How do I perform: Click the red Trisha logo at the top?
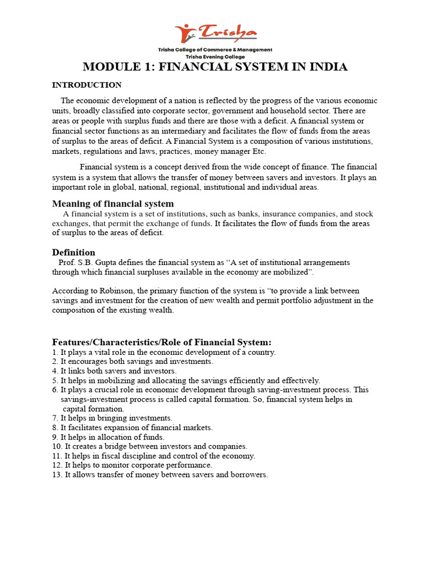tap(215, 33)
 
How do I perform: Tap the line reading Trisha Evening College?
tap(215, 57)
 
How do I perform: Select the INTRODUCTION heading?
tap(87, 85)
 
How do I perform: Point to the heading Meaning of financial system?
tap(113, 203)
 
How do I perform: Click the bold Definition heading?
tap(74, 252)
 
